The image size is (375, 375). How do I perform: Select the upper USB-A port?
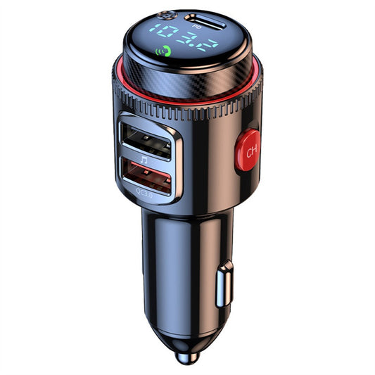[x=146, y=139]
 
